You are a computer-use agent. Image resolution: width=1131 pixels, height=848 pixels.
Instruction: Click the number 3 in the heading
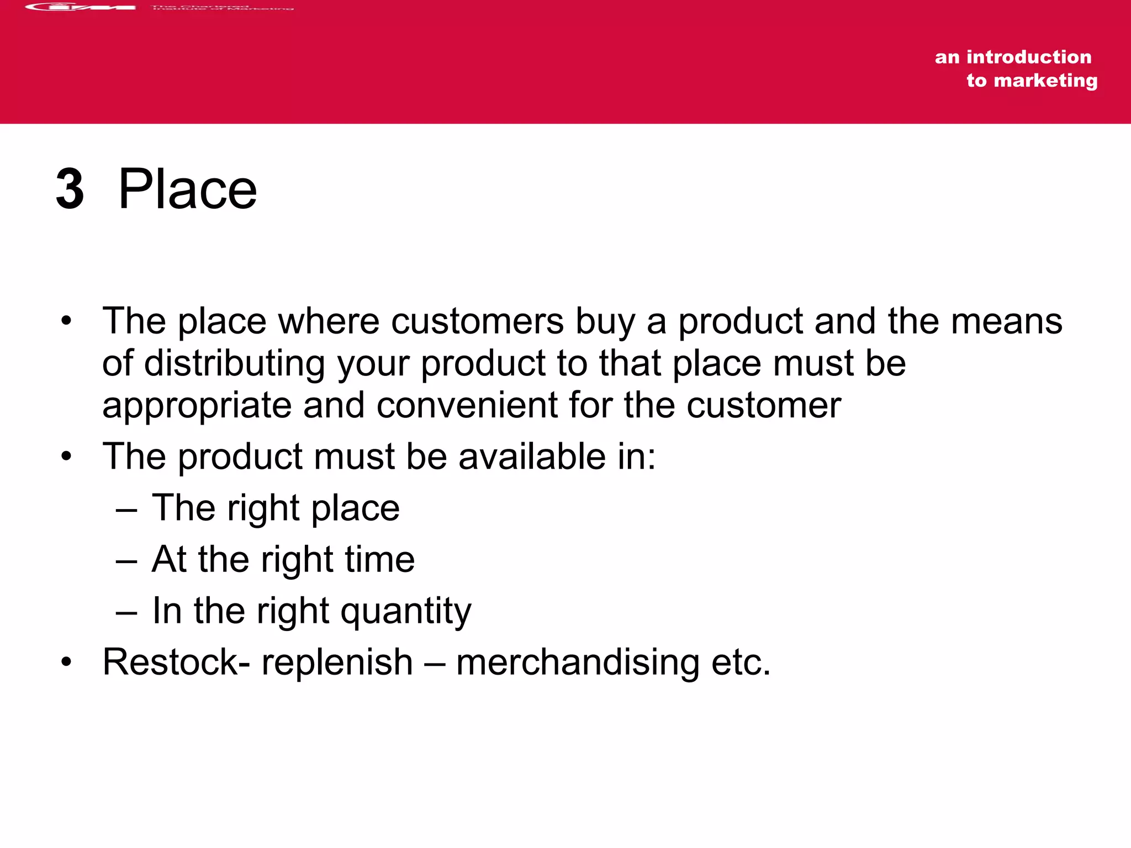click(x=70, y=189)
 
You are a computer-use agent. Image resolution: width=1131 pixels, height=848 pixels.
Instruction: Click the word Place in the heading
click(x=187, y=189)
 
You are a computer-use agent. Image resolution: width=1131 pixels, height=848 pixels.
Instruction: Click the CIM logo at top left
click(x=81, y=7)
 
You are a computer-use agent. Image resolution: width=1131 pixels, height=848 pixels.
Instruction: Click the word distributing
click(x=234, y=364)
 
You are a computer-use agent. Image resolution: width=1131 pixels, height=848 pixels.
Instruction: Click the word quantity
click(x=406, y=612)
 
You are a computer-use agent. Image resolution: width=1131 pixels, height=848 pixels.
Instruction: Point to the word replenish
click(x=337, y=662)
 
